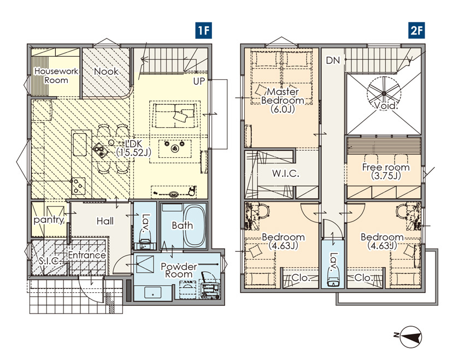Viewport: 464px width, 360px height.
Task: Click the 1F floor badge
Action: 204,30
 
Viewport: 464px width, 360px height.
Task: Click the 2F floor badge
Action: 416,30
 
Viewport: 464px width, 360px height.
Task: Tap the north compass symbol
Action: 409,337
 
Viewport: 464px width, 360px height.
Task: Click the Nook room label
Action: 106,72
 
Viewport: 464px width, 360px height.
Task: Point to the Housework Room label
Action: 56,76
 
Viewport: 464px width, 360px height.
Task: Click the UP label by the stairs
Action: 199,81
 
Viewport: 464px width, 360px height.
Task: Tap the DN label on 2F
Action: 333,61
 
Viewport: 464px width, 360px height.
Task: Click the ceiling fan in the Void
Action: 384,94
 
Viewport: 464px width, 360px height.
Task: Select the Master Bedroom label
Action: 283,101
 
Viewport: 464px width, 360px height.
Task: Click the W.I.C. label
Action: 286,174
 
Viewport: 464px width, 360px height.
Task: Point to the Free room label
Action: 386,172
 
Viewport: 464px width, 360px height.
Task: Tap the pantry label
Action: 49,220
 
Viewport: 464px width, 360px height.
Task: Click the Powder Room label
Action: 179,270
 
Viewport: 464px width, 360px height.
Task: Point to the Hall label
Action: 105,221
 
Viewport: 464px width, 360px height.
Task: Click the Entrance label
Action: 87,255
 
